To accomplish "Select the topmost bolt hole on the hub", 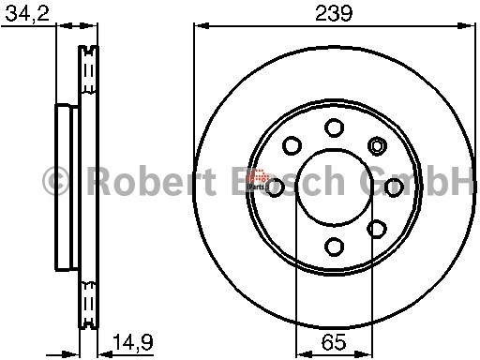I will coord(334,127).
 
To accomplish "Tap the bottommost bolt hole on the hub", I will coord(334,246).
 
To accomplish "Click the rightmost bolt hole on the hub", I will coord(394,187).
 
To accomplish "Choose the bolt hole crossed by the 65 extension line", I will coord(376,228).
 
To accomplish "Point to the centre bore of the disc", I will coord(335,187).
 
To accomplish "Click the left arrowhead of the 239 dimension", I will coord(198,25).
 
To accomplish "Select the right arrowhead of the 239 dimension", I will coord(470,25).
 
